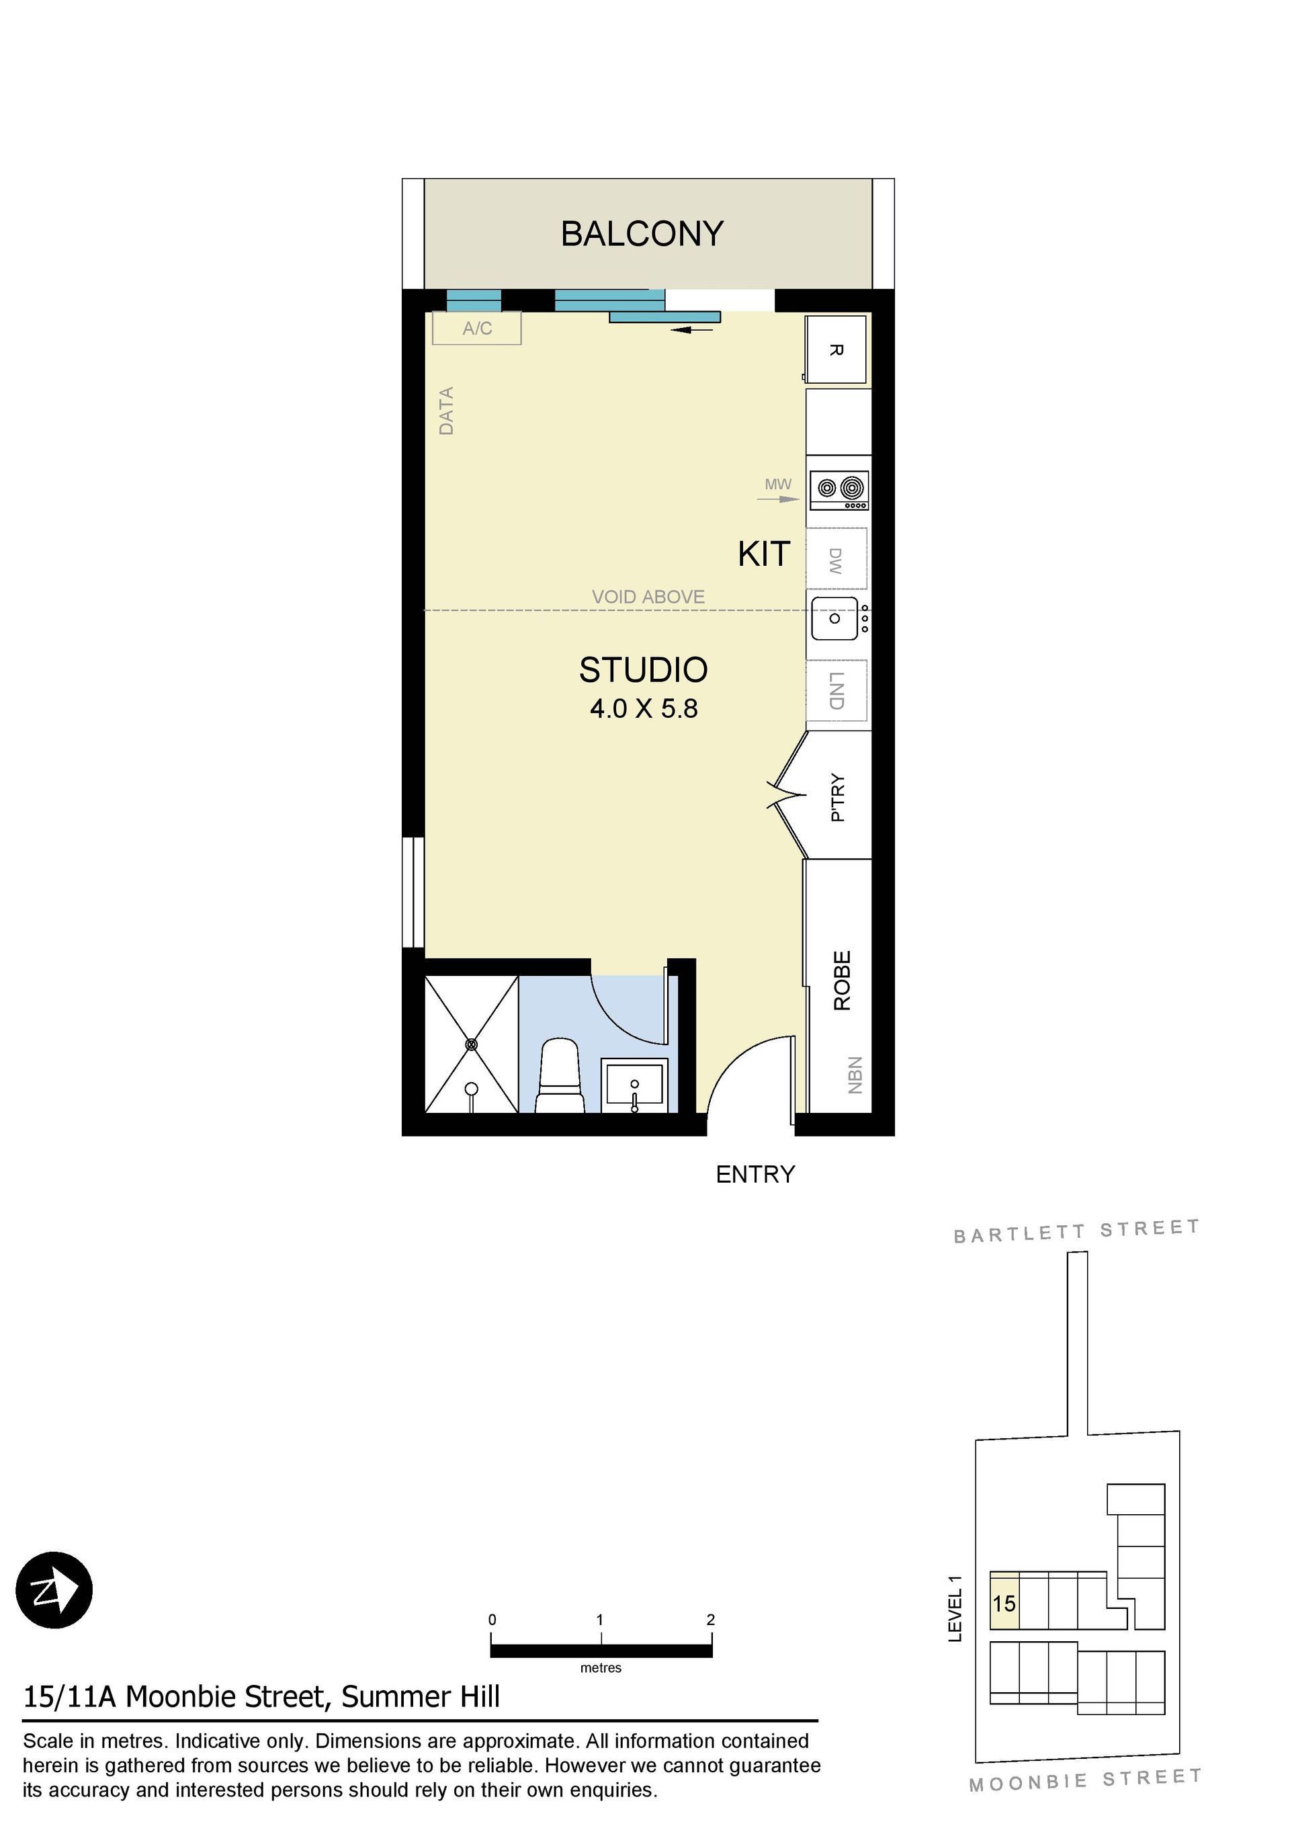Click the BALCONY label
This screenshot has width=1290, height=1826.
(x=642, y=234)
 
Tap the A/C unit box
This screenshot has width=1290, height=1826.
(x=476, y=328)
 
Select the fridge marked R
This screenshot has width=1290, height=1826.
(x=835, y=350)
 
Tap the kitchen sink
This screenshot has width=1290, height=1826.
(x=835, y=618)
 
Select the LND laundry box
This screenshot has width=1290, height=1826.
(x=836, y=690)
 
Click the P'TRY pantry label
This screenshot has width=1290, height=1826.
(x=837, y=797)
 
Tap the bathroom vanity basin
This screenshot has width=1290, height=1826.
(x=634, y=1085)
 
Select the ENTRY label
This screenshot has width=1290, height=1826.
(x=755, y=1175)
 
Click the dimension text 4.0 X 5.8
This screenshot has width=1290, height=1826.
(x=644, y=708)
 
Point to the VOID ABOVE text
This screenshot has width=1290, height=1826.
(x=648, y=597)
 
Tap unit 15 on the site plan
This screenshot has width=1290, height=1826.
(x=1004, y=1602)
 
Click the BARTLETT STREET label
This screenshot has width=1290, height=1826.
(x=1077, y=1232)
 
